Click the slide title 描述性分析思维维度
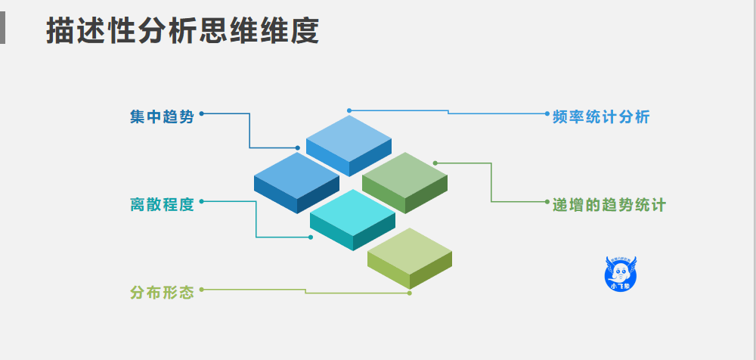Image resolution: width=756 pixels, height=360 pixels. pyautogui.click(x=182, y=31)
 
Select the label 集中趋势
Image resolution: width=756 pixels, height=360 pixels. pyautogui.click(x=162, y=117)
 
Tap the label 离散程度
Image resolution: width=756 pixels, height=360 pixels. pyautogui.click(x=162, y=204)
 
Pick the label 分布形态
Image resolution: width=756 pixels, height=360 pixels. pyautogui.click(x=162, y=292)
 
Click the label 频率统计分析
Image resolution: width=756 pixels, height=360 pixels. pyautogui.click(x=601, y=117)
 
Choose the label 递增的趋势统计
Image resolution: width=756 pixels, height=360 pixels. pyautogui.click(x=609, y=205)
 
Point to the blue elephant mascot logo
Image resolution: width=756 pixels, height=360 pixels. pyautogui.click(x=622, y=272)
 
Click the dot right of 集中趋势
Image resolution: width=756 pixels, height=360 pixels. pyautogui.click(x=201, y=113)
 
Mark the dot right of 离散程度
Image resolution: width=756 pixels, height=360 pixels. pyautogui.click(x=201, y=201)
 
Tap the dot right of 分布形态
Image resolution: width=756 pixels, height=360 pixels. pyautogui.click(x=201, y=289)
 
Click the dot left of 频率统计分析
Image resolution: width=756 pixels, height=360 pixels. pyautogui.click(x=547, y=113)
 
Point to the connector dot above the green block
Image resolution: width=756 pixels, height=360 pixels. pyautogui.click(x=435, y=163)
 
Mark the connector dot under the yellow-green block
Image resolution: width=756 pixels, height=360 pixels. pyautogui.click(x=410, y=293)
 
